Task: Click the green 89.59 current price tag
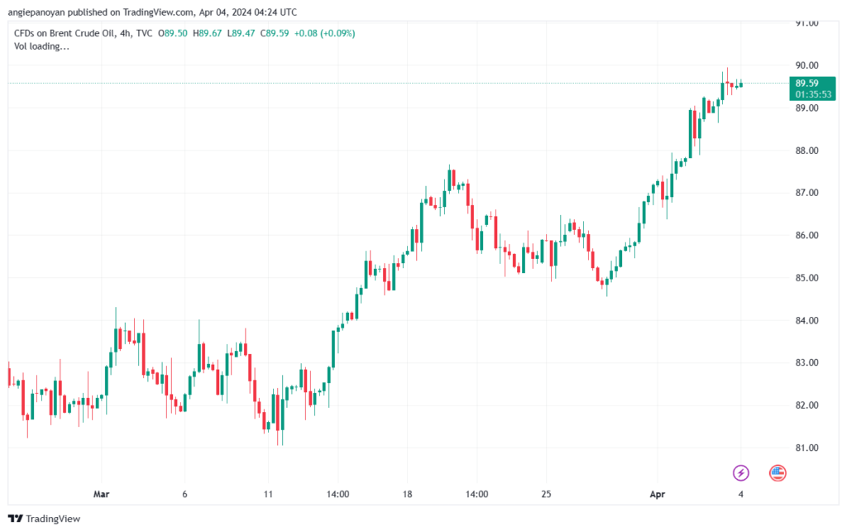pyautogui.click(x=806, y=83)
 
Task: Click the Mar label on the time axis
pyautogui.click(x=102, y=494)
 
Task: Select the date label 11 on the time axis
pyautogui.click(x=268, y=494)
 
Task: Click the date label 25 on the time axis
pyautogui.click(x=546, y=494)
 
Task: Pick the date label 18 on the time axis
pyautogui.click(x=407, y=494)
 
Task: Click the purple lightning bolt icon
pyautogui.click(x=741, y=472)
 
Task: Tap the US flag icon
pyautogui.click(x=778, y=472)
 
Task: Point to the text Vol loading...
pyautogui.click(x=42, y=46)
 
